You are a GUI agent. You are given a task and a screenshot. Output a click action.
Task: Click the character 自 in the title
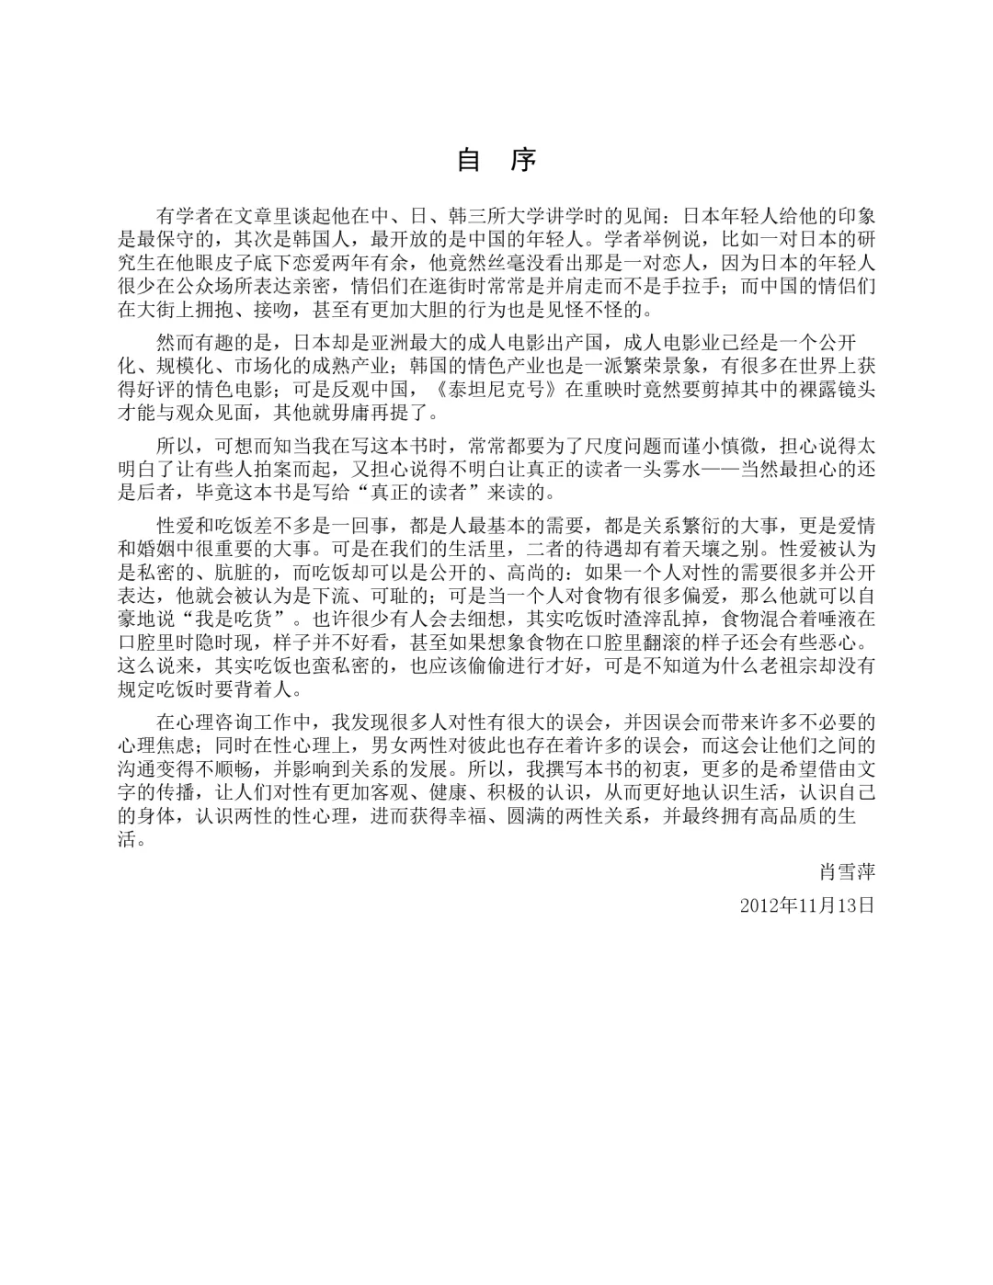[470, 161]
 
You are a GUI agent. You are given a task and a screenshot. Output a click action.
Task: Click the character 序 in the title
[523, 161]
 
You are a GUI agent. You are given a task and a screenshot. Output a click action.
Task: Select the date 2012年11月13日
[807, 904]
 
